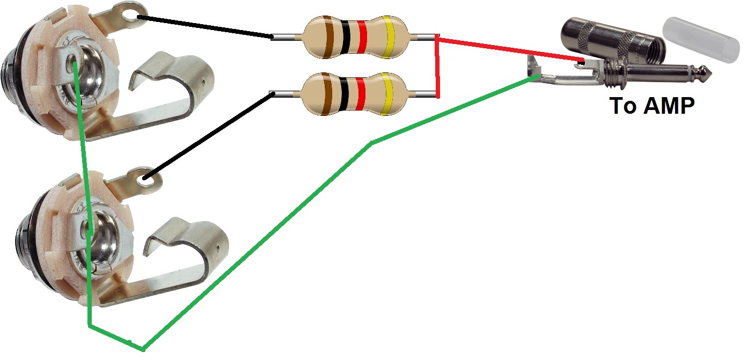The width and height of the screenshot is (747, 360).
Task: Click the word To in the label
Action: pos(623,106)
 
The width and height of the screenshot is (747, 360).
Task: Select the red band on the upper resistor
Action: pos(362,36)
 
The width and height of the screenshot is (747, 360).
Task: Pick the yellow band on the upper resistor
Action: pos(388,36)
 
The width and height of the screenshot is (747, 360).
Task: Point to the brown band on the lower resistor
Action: pos(326,94)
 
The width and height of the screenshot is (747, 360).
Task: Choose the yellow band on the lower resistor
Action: pos(386,94)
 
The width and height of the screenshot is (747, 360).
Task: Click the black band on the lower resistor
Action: pos(344,94)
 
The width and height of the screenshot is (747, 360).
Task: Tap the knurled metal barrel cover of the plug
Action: pos(613,40)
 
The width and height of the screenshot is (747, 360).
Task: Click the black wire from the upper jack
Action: pos(205,26)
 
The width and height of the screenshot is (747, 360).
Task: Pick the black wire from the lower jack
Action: pos(208,135)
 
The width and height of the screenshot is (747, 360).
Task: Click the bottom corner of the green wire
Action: pos(143,350)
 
